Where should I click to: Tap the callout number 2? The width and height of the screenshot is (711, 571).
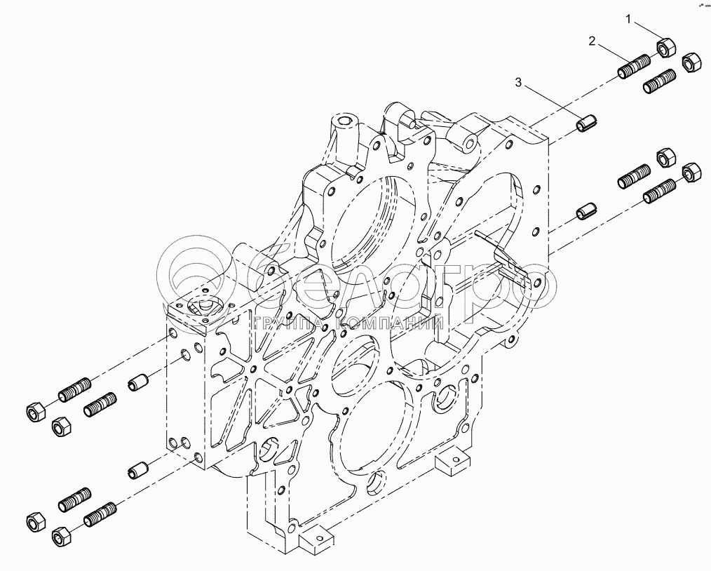click(592, 42)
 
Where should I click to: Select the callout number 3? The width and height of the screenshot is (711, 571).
click(519, 83)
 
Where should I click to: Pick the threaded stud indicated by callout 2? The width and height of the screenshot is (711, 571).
click(633, 67)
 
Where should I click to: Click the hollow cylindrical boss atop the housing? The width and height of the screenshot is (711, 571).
click(346, 126)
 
